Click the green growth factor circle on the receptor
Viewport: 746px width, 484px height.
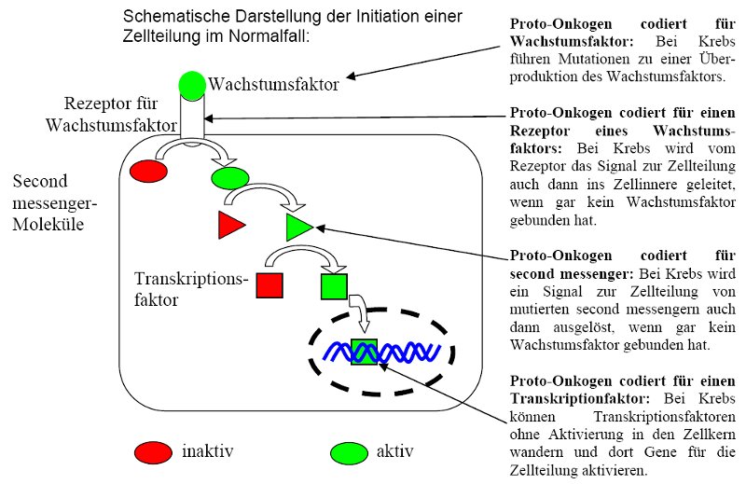(192, 85)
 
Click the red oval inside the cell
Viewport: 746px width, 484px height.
(149, 172)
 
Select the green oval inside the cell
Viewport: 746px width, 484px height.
(230, 177)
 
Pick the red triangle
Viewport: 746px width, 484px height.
(230, 225)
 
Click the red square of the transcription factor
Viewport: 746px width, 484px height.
(269, 285)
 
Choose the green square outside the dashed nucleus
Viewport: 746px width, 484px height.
(334, 285)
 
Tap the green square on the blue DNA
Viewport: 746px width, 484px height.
(365, 352)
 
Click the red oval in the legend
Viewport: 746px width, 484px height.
(153, 452)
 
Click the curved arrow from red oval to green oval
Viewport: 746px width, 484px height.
(198, 151)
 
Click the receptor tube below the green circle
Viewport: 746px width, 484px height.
(193, 120)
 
